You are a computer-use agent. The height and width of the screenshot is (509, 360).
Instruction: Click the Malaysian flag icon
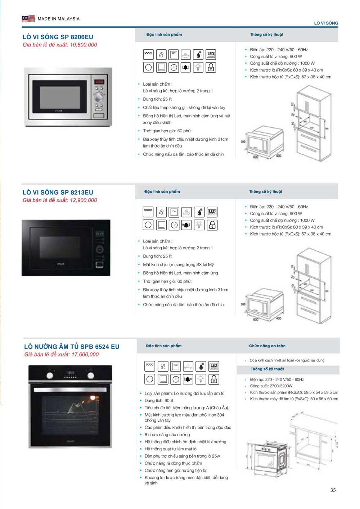point(28,18)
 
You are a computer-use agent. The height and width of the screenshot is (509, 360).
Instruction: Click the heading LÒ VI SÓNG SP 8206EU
point(58,37)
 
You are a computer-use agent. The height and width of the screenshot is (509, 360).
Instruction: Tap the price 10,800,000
point(83,45)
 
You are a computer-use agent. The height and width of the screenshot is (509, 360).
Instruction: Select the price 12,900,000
point(83,200)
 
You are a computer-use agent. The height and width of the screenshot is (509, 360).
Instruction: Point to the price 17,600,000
point(85,355)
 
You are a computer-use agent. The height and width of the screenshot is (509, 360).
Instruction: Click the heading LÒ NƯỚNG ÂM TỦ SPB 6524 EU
point(72,347)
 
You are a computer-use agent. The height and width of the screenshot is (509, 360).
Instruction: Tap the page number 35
point(333,490)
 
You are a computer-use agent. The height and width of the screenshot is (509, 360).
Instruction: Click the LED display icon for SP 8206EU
point(211,55)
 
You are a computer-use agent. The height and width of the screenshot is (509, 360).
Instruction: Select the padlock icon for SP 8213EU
point(212,225)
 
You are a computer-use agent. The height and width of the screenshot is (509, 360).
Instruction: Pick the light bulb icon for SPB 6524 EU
point(201,379)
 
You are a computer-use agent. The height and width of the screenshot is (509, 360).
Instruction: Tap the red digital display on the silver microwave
point(99,82)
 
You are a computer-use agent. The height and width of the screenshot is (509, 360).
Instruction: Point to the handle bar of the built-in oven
point(70,390)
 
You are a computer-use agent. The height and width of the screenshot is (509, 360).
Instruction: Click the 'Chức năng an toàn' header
point(267,346)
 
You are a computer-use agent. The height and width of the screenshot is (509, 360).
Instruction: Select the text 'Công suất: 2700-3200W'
point(271,386)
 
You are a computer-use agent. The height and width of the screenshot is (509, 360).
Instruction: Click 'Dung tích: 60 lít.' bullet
point(159,401)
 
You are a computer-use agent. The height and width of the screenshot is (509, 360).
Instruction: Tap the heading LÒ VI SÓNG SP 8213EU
point(58,192)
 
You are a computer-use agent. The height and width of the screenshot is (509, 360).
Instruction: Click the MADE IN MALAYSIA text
point(58,19)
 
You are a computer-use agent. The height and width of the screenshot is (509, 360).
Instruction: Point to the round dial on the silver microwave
point(99,97)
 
